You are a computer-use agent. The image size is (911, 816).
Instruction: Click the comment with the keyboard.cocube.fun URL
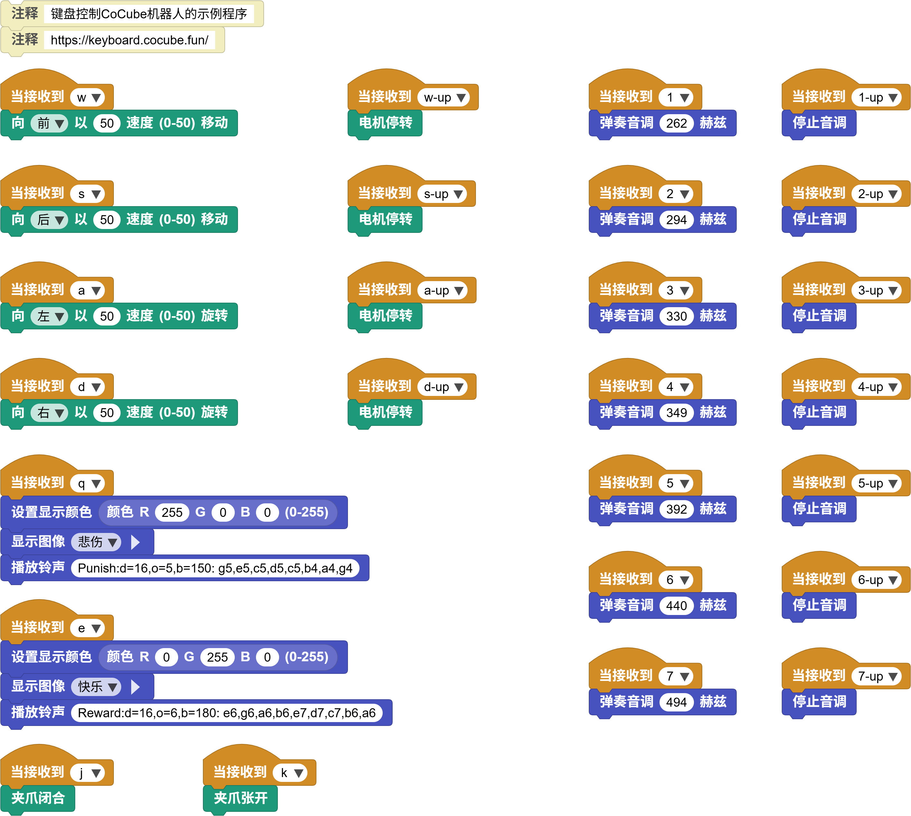tap(112, 40)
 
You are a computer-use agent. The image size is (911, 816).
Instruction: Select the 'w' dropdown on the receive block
tap(87, 97)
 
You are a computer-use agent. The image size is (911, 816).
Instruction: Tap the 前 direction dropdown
tap(49, 123)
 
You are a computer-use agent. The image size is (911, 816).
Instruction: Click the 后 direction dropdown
tap(49, 220)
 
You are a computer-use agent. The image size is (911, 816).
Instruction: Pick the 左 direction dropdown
tap(49, 316)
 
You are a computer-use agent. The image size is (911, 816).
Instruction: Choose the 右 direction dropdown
tap(49, 412)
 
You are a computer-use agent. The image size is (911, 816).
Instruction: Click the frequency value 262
tap(676, 123)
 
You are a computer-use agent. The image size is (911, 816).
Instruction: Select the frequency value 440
tap(676, 606)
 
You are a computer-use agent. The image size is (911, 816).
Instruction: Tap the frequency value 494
tap(676, 702)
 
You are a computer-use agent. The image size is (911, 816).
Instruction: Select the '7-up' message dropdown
tap(876, 676)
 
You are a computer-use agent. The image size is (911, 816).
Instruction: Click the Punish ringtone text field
tap(215, 568)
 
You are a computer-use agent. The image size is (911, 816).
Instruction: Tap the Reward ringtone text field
tap(227, 713)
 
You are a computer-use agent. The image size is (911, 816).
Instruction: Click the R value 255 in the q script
tap(172, 512)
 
